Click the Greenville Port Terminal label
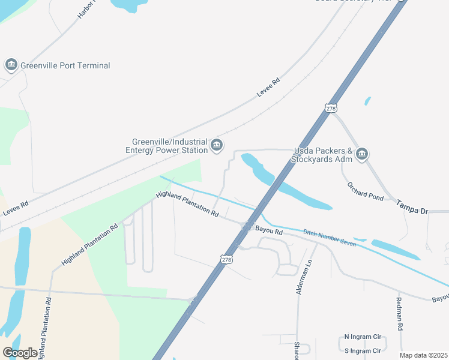[65, 65]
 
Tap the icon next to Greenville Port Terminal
[11, 65]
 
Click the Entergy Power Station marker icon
[217, 145]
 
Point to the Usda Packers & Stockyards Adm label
[321, 155]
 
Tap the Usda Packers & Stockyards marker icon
[361, 154]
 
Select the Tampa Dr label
[412, 212]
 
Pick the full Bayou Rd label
[269, 230]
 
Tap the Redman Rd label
[399, 314]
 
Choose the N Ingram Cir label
[363, 337]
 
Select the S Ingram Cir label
[363, 350]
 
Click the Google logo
[20, 352]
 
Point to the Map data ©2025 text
[423, 355]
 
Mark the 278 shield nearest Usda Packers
[330, 108]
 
